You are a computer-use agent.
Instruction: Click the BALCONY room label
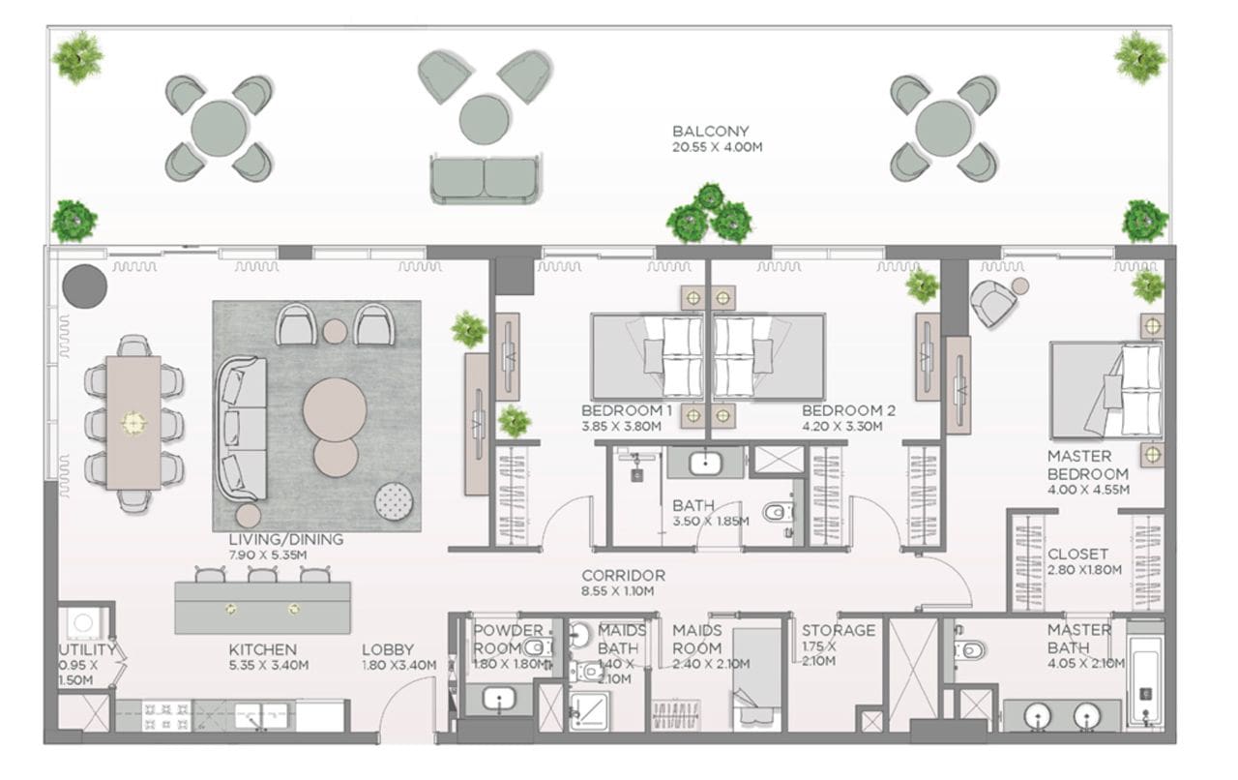tap(710, 131)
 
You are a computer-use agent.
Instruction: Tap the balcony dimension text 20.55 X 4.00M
tap(717, 147)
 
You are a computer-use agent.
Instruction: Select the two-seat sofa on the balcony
tap(486, 179)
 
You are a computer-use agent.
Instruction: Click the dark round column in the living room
tap(84, 286)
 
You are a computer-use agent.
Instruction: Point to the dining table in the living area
tap(133, 423)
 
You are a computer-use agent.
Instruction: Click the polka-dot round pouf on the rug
tap(394, 501)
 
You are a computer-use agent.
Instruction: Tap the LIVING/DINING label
tap(285, 539)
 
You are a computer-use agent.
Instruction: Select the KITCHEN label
tap(262, 649)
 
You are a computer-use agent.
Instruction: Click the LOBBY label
tap(388, 649)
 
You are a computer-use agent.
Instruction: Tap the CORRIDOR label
tap(624, 575)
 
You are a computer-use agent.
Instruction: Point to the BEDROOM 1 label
tap(627, 410)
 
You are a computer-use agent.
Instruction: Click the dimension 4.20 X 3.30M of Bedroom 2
tap(841, 427)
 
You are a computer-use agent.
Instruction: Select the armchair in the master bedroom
tap(993, 303)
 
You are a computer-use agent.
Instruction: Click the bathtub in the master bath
tap(1145, 679)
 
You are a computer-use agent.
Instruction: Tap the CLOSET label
tap(1077, 554)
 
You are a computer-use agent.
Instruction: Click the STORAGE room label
tap(839, 630)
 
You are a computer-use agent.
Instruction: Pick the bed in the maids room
tap(756, 679)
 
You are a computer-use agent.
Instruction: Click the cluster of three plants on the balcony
tap(710, 215)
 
